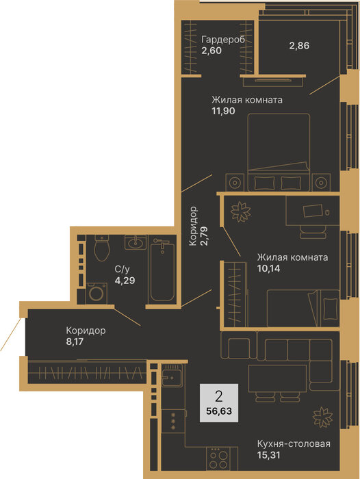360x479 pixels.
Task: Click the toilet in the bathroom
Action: [102, 248]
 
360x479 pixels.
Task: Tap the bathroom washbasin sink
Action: [135, 242]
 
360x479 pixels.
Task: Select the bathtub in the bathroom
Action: [163, 271]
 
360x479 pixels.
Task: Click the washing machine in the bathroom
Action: [97, 294]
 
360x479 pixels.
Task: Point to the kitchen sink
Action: [172, 376]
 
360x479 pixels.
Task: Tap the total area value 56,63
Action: [219, 411]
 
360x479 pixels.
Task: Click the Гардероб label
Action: [223, 40]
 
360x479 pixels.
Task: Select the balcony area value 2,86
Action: [299, 46]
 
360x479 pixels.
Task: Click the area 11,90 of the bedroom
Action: [223, 111]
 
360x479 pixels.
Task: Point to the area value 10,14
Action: [268, 268]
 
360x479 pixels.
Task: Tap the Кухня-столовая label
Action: [294, 443]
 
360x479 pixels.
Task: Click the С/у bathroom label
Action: [123, 269]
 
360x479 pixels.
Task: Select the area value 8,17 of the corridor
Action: [75, 341]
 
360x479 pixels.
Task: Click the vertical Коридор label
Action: [193, 226]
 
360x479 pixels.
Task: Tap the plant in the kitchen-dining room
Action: [322, 417]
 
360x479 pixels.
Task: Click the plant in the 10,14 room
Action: [240, 211]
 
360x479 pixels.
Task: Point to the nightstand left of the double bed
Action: [235, 183]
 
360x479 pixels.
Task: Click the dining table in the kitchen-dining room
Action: [277, 378]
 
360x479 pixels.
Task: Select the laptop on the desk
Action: [313, 211]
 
